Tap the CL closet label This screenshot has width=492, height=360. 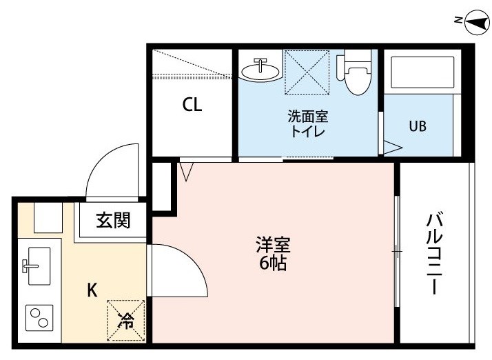pos(192,105)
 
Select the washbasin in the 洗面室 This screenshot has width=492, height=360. pos(260,70)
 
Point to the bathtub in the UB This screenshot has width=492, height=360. pos(422,72)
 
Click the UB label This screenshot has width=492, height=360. pos(418,126)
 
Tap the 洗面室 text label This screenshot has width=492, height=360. pos(308,117)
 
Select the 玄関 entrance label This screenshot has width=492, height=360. pos(113,220)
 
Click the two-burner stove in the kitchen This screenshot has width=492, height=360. pos(39,317)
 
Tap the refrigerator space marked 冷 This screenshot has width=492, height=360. pos(126,321)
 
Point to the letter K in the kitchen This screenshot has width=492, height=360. pos(92,290)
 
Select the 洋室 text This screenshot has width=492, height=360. pos(274,245)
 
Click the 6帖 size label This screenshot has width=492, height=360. pos(273,263)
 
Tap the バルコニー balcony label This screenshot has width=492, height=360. pos(435,254)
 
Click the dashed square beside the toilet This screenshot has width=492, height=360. pos(307,72)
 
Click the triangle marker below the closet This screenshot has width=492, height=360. pos(187,172)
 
